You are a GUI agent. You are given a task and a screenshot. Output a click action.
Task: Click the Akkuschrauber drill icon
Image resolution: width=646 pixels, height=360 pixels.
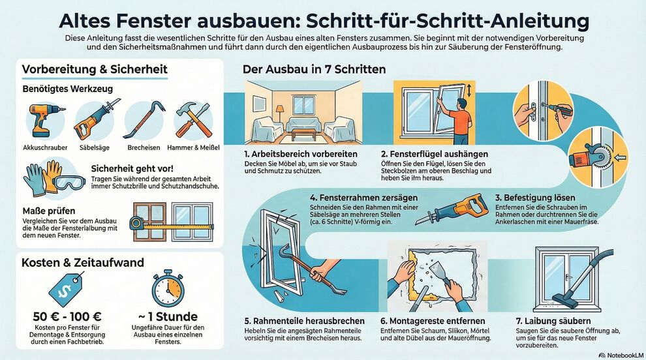point(45,119)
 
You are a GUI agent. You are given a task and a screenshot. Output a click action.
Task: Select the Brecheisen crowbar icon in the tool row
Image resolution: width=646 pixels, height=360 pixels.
point(144,119)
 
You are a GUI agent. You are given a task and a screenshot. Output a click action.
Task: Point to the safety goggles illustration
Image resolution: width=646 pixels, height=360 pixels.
point(70,181)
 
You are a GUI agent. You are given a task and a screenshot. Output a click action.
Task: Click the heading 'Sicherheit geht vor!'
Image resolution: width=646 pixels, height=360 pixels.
point(132,168)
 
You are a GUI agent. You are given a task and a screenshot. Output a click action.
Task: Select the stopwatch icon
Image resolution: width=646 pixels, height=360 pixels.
point(167,289)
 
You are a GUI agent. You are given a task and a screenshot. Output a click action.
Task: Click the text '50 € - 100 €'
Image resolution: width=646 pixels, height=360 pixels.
point(67,317)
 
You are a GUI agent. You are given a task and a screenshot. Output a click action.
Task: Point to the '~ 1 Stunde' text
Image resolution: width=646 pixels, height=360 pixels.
point(168,317)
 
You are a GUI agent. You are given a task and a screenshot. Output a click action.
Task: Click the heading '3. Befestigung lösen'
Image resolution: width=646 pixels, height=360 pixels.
point(535,198)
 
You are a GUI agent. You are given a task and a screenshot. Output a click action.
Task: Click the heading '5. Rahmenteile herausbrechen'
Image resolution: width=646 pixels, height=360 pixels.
point(305,321)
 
